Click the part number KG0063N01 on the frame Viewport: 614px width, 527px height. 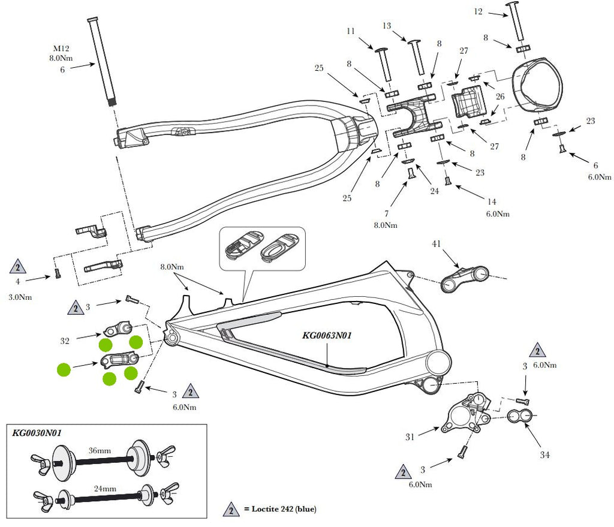click(x=327, y=336)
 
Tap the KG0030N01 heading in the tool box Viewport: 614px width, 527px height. click(x=37, y=433)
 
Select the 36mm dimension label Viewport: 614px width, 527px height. click(x=100, y=451)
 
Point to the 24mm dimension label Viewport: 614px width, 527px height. click(x=105, y=489)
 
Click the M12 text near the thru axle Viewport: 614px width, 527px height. click(x=61, y=49)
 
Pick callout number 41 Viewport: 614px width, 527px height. click(x=437, y=244)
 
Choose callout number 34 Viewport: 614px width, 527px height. click(x=544, y=454)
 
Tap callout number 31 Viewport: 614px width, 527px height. click(x=410, y=437)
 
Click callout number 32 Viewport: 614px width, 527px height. click(x=65, y=341)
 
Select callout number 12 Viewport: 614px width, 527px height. click(x=478, y=11)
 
